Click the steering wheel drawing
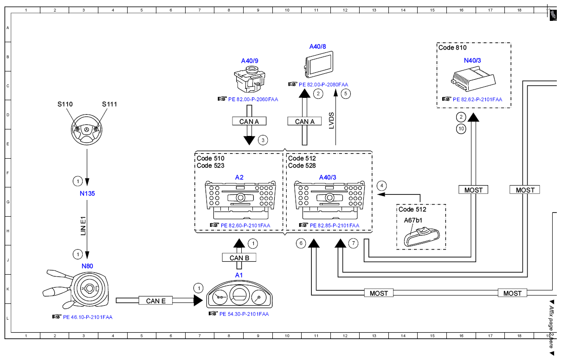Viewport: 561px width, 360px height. point(86,130)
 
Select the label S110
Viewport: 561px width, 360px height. point(65,104)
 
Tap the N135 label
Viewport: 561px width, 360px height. point(87,193)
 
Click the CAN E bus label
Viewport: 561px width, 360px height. point(155,301)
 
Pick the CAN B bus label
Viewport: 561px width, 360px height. point(239,257)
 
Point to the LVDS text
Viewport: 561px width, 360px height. point(331,121)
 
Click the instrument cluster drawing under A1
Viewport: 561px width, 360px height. point(239,295)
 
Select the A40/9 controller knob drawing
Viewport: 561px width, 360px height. point(250,79)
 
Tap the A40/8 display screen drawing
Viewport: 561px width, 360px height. point(319,64)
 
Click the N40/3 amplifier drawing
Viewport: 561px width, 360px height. point(473,79)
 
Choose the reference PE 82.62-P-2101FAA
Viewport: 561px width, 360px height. point(477,99)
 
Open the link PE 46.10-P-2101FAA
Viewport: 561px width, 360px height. point(88,317)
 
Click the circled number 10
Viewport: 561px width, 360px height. point(461,129)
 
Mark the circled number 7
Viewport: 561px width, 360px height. point(353,243)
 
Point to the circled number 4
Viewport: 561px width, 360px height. point(382,186)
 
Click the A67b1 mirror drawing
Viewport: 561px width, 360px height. point(422,237)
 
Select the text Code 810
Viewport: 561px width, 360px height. point(452,48)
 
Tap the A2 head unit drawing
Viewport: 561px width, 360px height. point(240,199)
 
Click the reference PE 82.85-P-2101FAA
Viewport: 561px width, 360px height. point(335,225)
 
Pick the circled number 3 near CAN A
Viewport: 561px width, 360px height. point(263,140)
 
